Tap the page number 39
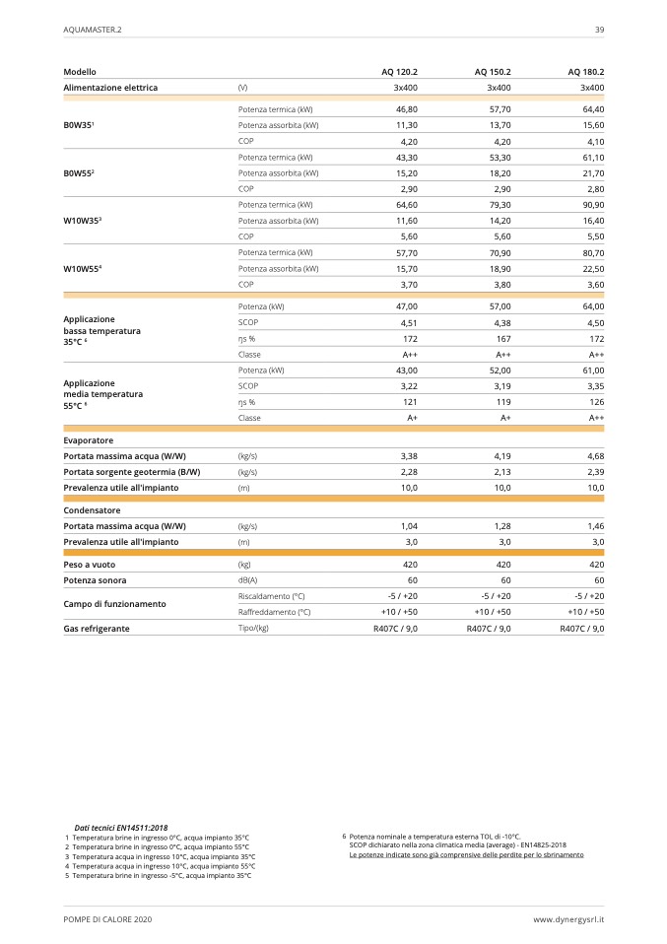tap(599, 30)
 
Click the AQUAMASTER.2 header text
tap(93, 30)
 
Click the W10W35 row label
tap(84, 221)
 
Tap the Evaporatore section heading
tap(89, 440)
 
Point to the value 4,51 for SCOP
tap(410, 322)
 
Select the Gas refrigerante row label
tap(97, 628)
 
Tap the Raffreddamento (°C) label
tap(274, 612)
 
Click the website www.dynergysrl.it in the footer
tap(568, 918)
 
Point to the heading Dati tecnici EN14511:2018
tap(121, 828)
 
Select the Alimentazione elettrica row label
tap(110, 88)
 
